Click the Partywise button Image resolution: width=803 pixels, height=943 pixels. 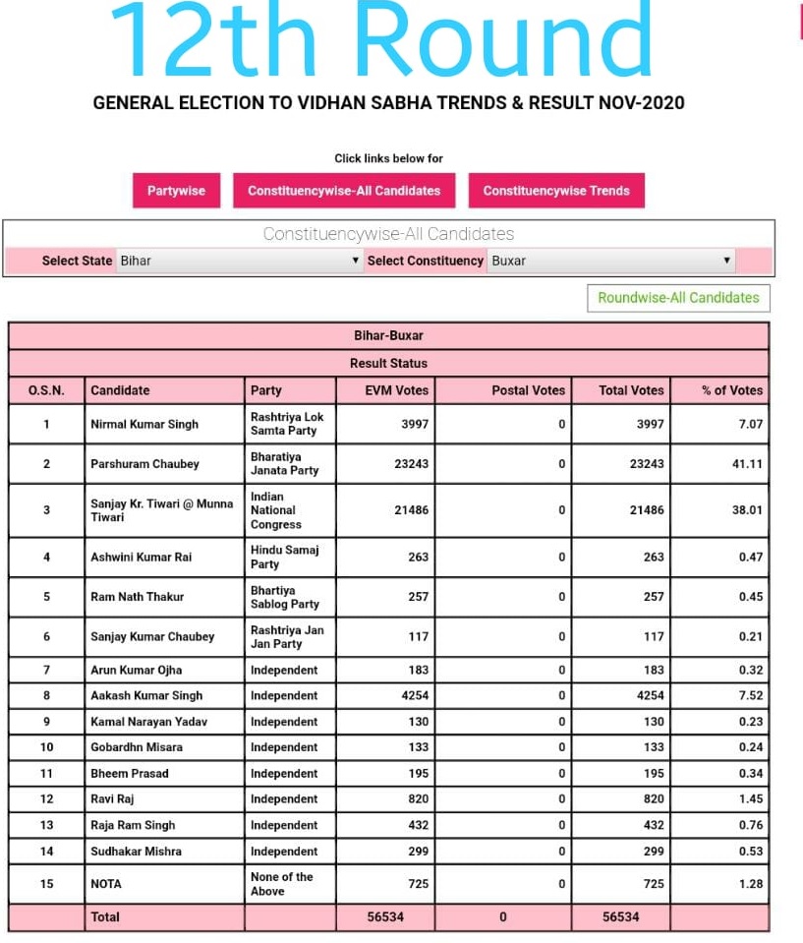(x=176, y=191)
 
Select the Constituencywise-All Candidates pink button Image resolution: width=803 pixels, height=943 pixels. (x=344, y=191)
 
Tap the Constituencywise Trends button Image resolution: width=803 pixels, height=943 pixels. (x=556, y=191)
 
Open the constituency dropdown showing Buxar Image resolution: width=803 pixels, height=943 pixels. (x=610, y=261)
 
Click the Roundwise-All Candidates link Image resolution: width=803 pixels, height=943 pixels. (x=678, y=298)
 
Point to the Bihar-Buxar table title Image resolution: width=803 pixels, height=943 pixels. (x=388, y=336)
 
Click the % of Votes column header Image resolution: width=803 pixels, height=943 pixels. (x=731, y=390)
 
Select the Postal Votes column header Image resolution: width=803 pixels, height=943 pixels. (x=528, y=390)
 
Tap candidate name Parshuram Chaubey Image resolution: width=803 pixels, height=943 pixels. (x=144, y=464)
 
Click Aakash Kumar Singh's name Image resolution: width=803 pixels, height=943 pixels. (x=146, y=696)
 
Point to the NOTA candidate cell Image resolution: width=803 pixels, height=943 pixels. (x=106, y=884)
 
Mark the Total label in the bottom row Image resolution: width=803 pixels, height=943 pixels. (x=105, y=917)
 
